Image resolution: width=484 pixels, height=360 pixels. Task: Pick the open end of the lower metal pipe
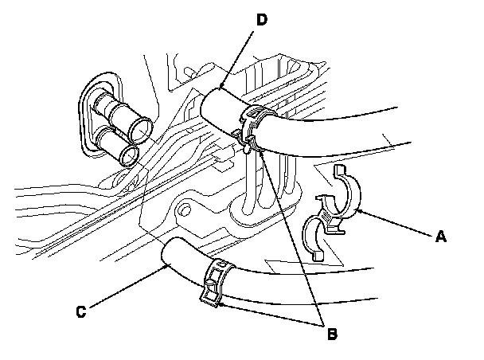tap(127, 152)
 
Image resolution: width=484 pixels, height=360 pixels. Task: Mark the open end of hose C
tap(168, 255)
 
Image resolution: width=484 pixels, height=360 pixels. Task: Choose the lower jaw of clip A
tap(318, 239)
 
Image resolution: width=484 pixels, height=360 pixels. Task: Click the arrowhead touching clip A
tap(362, 210)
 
